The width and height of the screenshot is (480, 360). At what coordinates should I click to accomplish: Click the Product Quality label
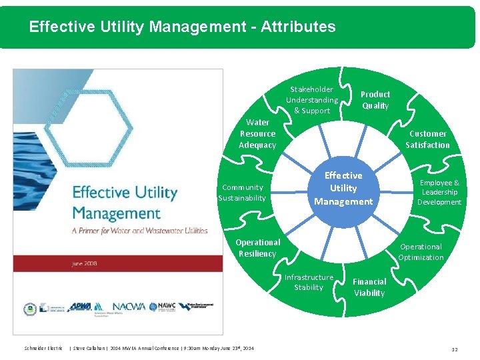click(x=375, y=100)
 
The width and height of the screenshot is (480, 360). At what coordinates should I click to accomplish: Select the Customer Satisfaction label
click(x=427, y=139)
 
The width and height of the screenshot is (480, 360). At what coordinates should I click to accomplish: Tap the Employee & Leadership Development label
click(x=439, y=192)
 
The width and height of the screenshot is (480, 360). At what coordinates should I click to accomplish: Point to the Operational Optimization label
click(x=421, y=252)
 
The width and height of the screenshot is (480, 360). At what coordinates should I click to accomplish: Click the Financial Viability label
click(x=369, y=287)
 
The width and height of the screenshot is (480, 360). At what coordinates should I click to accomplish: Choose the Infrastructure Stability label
click(x=309, y=282)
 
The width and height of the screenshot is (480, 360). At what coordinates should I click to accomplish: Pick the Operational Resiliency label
click(x=257, y=248)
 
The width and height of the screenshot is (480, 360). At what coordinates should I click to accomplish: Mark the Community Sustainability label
click(x=243, y=193)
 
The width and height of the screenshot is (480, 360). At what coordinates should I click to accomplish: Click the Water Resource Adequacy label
click(x=257, y=133)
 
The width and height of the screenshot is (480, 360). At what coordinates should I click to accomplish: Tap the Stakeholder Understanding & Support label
click(x=312, y=100)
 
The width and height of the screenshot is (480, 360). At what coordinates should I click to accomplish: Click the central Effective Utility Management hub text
click(x=343, y=188)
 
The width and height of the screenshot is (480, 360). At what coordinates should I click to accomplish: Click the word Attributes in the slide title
click(x=298, y=27)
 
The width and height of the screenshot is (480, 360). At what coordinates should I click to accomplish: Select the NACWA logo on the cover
click(x=130, y=307)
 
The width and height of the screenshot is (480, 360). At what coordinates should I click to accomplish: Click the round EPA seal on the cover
click(x=29, y=309)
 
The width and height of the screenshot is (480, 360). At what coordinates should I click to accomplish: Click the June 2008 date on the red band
click(x=85, y=263)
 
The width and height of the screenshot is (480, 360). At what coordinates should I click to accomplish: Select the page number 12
click(x=454, y=349)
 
